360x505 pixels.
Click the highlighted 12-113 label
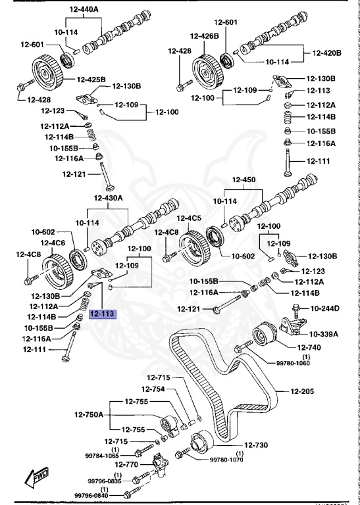coord(102,314)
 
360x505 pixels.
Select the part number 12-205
coord(302,391)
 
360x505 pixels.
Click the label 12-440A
coord(84,9)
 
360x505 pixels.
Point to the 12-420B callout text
coord(326,53)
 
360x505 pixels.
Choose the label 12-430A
coord(109,198)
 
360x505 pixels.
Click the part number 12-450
coord(244,180)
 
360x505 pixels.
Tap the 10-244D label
coord(324,308)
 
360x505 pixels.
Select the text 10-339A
coord(324,333)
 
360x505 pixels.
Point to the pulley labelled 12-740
coord(265,334)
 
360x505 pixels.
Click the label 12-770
coord(126,464)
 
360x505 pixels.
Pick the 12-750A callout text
coord(89,414)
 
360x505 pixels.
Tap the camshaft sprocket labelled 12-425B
coord(47,75)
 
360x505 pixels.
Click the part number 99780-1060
coord(293,363)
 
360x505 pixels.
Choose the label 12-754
coord(153,389)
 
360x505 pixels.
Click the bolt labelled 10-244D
coord(296,311)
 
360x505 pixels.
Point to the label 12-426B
coord(204,36)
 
